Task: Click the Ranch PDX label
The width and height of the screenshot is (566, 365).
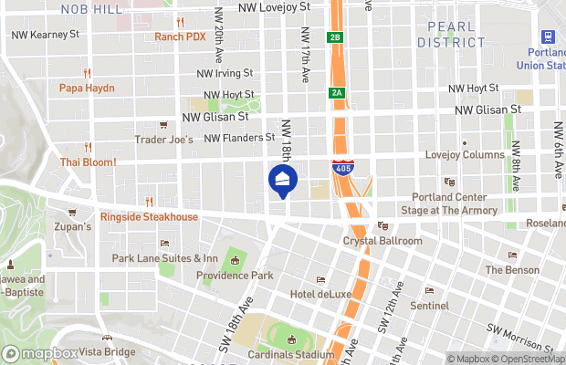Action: [180, 36]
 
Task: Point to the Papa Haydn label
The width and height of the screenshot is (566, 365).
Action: [88, 88]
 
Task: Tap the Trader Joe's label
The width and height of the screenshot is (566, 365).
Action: [164, 140]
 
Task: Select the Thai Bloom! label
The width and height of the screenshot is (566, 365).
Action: [88, 162]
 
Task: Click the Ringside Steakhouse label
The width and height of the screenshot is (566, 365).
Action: [149, 216]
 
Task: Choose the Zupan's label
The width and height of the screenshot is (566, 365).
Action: [73, 226]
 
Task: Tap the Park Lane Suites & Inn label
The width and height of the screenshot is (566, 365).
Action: [165, 258]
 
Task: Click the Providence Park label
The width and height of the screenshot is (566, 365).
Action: [236, 275]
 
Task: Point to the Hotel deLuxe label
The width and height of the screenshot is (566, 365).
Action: [321, 293]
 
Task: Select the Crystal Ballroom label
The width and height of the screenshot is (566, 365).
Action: [383, 240]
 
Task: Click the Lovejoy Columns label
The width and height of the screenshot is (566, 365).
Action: [465, 154]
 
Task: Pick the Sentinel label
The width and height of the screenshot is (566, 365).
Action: [429, 304]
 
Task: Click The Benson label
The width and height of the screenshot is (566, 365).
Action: [513, 269]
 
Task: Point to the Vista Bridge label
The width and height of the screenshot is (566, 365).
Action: [107, 351]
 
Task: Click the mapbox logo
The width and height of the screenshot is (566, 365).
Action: [41, 353]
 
